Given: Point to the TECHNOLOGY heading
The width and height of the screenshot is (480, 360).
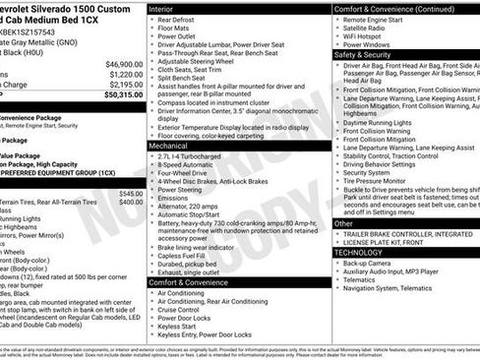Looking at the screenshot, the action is [x=362, y=252].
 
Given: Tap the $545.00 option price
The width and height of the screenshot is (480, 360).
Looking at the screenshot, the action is [x=131, y=194].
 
